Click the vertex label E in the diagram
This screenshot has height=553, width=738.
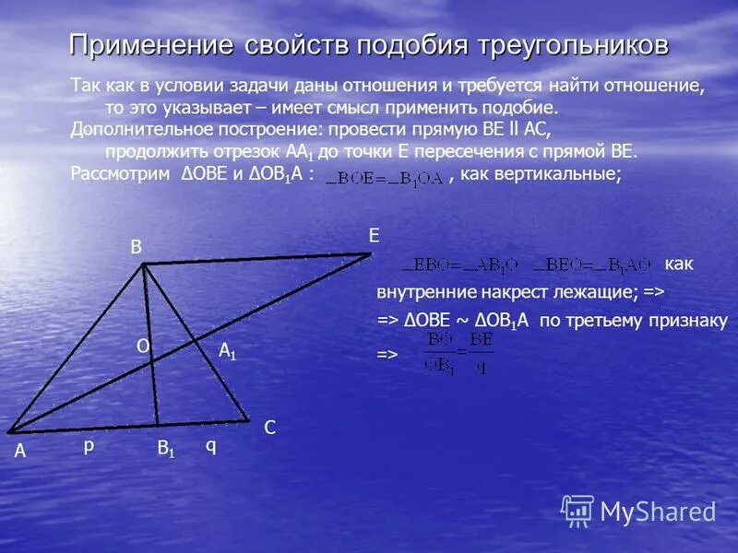click(x=374, y=236)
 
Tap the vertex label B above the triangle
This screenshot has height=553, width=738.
click(x=136, y=246)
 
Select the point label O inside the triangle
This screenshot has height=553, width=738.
click(x=143, y=345)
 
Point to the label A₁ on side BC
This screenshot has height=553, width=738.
click(x=227, y=351)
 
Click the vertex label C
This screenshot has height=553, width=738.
click(x=269, y=429)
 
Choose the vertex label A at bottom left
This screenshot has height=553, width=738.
click(x=19, y=453)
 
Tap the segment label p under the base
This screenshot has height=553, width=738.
click(x=89, y=445)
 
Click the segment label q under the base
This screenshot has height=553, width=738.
click(x=210, y=445)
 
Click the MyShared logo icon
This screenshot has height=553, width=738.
click(x=577, y=511)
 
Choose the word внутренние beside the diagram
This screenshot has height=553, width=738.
click(x=420, y=292)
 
